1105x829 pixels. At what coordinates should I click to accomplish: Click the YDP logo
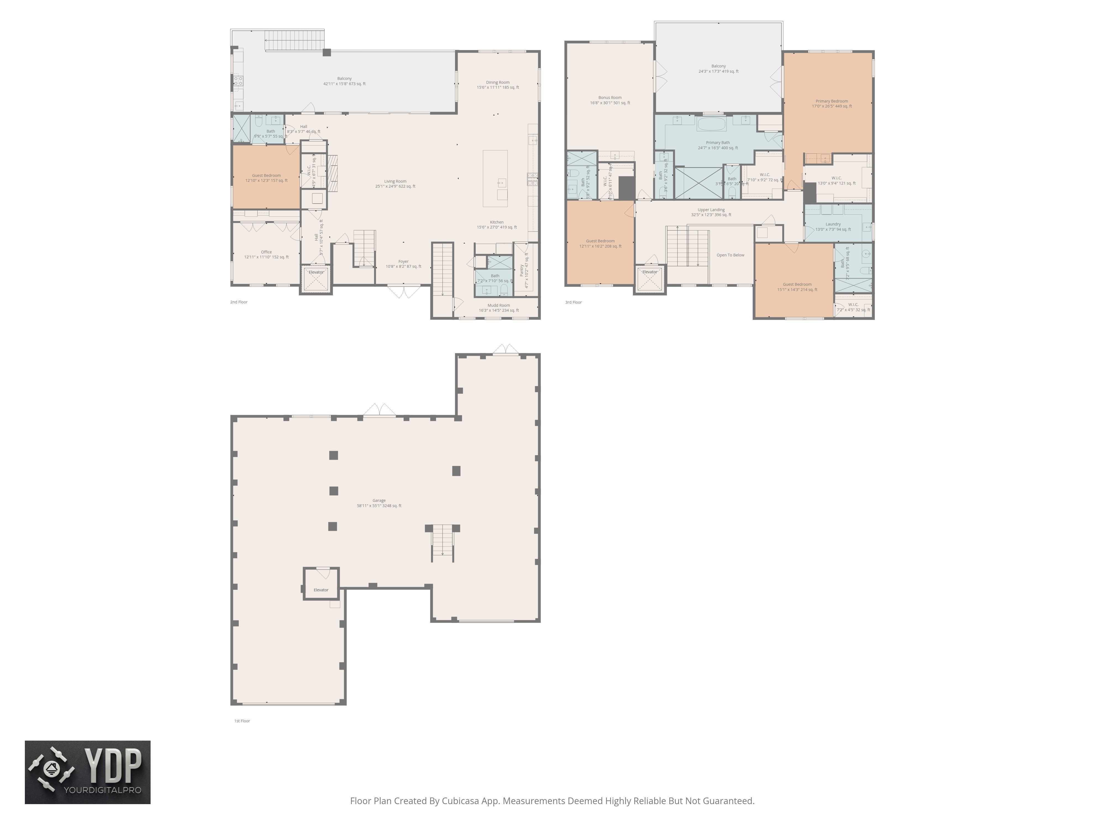click(x=87, y=772)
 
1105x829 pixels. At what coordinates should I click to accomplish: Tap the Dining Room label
click(x=498, y=82)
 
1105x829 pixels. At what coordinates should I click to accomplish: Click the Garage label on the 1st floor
click(x=379, y=500)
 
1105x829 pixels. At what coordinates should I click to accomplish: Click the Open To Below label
click(x=730, y=255)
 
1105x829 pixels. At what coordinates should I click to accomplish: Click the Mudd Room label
click(x=499, y=305)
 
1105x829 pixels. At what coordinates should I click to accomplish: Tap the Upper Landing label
click(x=711, y=210)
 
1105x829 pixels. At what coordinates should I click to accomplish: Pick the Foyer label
click(x=403, y=261)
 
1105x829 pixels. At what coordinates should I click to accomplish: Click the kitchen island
click(x=495, y=179)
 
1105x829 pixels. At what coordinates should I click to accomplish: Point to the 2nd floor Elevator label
click(x=316, y=272)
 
